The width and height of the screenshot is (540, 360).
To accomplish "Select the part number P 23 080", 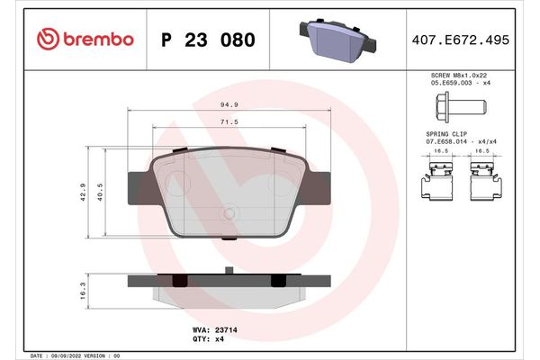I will (207, 40).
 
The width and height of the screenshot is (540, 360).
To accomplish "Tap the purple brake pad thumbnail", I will (334, 40).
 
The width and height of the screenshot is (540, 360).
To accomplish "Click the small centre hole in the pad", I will (229, 213).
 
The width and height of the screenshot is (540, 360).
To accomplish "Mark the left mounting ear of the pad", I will (135, 180).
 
